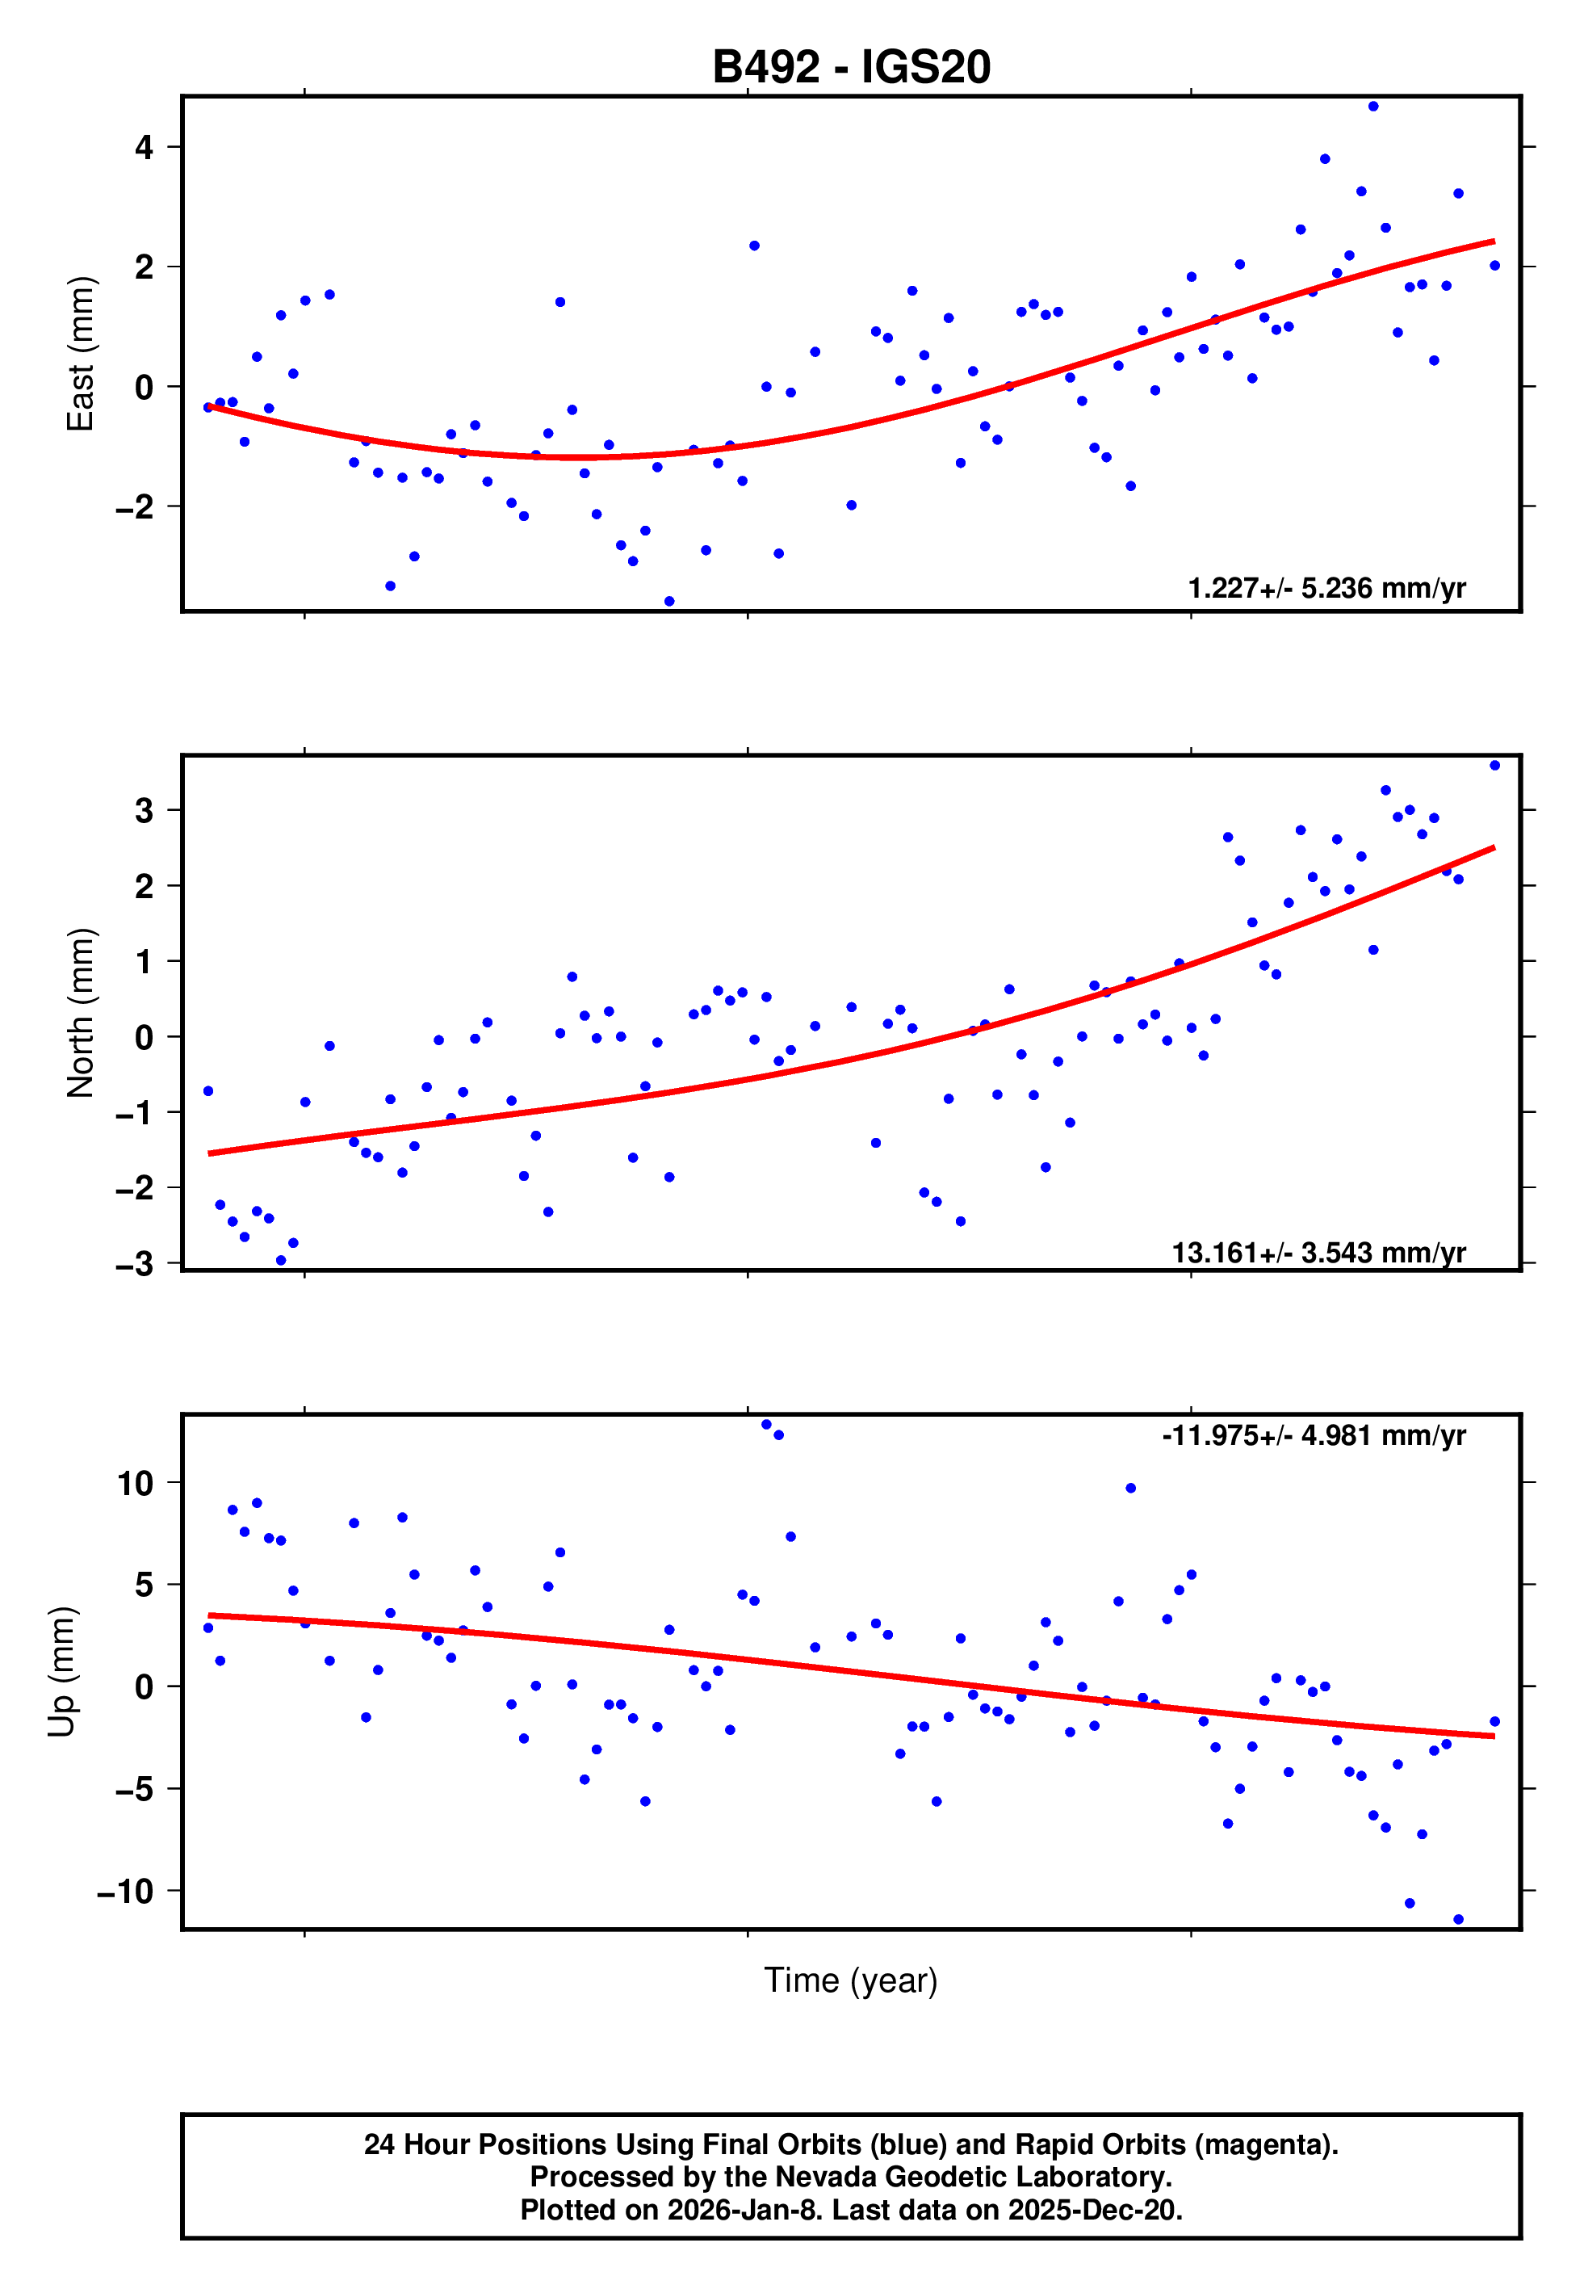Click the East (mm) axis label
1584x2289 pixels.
pos(81,354)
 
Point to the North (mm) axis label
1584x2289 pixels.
pos(81,1013)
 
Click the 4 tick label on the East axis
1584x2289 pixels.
pos(145,148)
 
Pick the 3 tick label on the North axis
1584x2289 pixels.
pos(145,810)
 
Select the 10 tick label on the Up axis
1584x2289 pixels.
pos(135,1483)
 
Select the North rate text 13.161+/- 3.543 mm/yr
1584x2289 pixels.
pos(1318,1253)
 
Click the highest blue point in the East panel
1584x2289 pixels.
pos(1372,106)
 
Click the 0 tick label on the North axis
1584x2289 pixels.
pos(145,1037)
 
